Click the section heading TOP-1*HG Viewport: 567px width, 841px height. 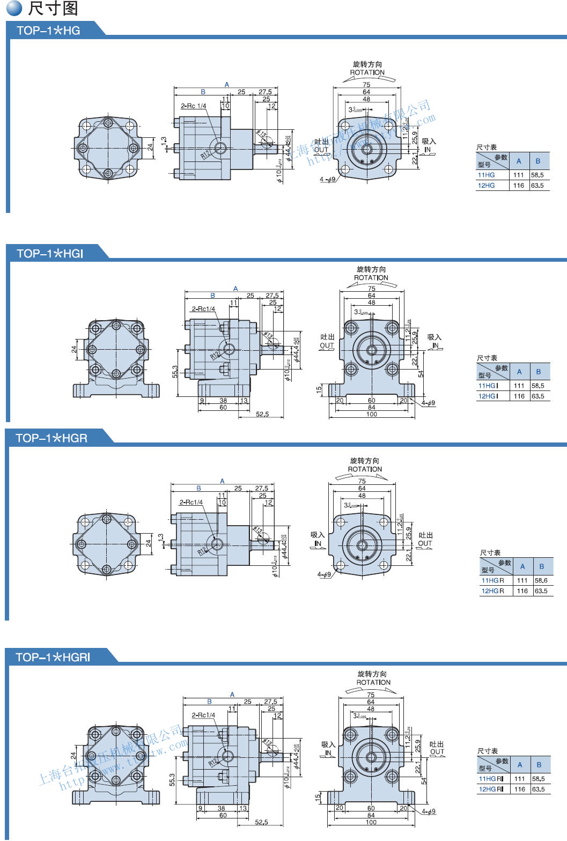click(x=48, y=31)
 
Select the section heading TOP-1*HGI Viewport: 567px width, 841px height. click(x=50, y=253)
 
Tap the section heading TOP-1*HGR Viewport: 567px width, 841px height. click(x=51, y=438)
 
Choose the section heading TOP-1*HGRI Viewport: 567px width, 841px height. click(x=53, y=657)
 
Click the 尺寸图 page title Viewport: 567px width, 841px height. click(x=53, y=9)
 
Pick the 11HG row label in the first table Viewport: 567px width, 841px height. click(x=487, y=175)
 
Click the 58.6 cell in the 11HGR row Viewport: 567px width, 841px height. click(x=541, y=580)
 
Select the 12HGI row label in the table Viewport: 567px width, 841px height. click(x=488, y=396)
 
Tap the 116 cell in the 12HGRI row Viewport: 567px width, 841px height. click(x=519, y=789)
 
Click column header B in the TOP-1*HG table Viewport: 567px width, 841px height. click(x=538, y=161)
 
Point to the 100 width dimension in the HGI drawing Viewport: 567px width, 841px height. click(x=371, y=414)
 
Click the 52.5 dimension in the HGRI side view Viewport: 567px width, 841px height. click(x=261, y=822)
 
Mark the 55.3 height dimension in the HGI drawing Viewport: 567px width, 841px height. click(x=174, y=372)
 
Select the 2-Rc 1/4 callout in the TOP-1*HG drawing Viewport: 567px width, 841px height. click(x=193, y=106)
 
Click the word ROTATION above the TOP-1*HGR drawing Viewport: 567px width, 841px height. click(x=365, y=469)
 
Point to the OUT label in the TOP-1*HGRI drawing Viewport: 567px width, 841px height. click(x=437, y=752)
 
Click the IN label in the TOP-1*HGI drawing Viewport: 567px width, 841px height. click(x=435, y=345)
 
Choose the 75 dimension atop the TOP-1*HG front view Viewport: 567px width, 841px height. click(x=366, y=85)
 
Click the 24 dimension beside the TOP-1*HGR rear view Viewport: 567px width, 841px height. click(x=149, y=543)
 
